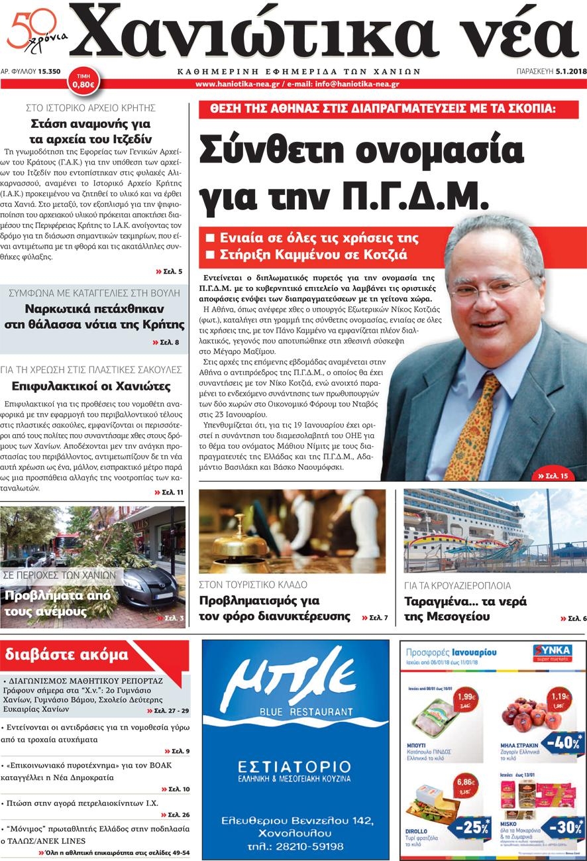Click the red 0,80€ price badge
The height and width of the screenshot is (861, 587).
pos(83,81)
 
